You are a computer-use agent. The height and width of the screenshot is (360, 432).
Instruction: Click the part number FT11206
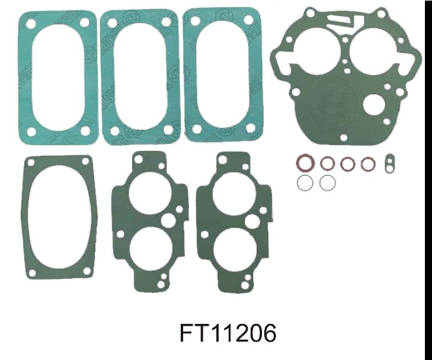[228, 333]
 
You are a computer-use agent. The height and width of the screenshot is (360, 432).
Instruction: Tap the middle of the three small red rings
[348, 164]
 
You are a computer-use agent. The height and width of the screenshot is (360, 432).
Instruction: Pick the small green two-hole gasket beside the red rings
[389, 163]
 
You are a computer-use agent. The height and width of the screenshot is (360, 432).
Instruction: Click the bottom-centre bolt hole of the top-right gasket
[344, 137]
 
